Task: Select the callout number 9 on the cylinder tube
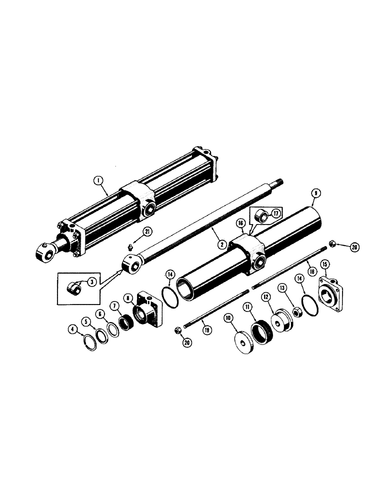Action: pos(314,192)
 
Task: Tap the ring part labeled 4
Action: pos(89,344)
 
